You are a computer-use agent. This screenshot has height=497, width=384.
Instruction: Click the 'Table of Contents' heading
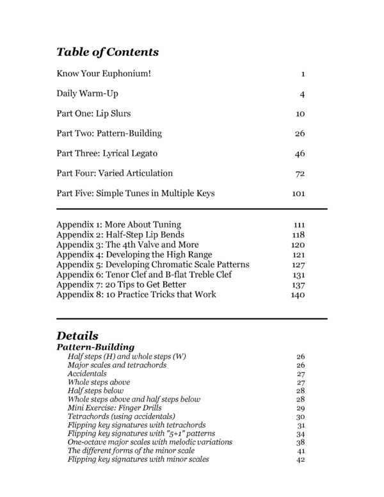108,52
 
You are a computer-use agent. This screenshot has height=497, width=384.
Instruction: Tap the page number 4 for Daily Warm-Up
302,94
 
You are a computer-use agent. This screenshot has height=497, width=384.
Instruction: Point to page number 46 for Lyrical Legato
300,154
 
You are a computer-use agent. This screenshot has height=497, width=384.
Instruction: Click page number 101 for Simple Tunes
298,193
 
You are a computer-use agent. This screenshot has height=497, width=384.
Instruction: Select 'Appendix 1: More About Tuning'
118,225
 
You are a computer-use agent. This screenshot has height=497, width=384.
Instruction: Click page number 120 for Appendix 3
298,245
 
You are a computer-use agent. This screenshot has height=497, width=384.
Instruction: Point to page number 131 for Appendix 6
298,275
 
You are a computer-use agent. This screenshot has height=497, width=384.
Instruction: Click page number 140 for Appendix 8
298,295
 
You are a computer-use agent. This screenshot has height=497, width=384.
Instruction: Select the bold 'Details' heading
77,335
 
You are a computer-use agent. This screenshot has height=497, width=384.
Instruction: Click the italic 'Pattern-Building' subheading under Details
95,346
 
